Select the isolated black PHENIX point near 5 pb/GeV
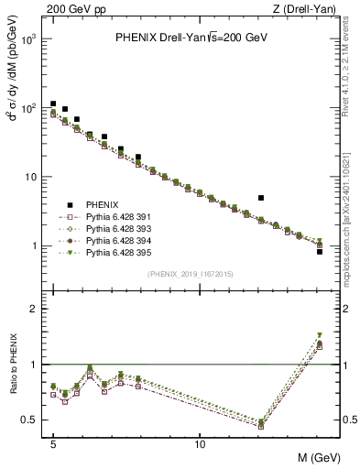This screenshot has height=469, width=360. point(261,197)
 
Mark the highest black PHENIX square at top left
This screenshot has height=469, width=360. point(53,104)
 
